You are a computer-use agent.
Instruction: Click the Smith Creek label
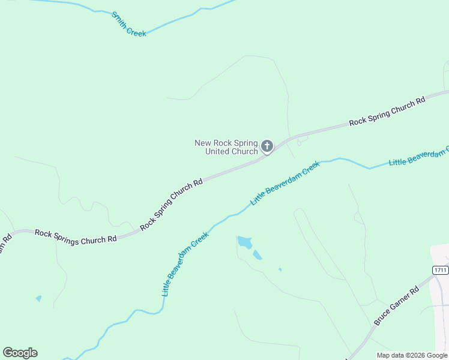pos(128,24)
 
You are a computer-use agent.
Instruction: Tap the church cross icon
pos(267,146)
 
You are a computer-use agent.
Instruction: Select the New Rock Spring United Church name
pos(226,147)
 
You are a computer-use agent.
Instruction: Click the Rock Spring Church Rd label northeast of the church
pos(387,111)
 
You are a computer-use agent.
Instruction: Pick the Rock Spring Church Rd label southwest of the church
pos(171,204)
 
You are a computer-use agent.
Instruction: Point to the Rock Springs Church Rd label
pos(76,236)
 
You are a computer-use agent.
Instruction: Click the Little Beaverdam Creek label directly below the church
pos(285,183)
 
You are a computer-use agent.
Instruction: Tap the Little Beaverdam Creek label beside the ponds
pos(185,264)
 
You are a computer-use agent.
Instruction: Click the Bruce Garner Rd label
pos(396,307)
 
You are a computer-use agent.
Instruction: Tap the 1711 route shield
pos(440,271)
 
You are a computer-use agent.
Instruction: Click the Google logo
pos(20,353)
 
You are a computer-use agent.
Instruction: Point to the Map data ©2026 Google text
pos(412,355)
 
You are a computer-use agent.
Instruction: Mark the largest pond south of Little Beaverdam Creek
pos(244,242)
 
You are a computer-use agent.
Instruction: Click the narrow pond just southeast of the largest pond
pos(257,255)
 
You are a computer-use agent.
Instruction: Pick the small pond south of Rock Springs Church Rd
pos(39,298)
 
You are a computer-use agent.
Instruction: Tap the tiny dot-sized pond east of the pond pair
pos(280,269)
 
